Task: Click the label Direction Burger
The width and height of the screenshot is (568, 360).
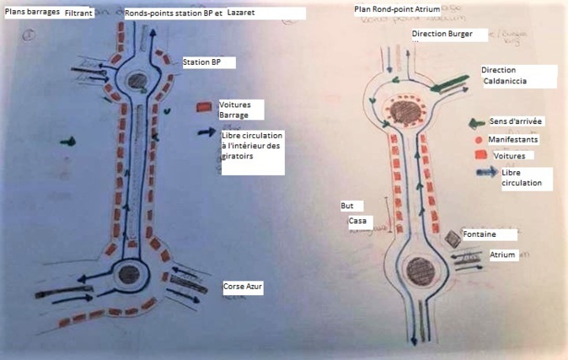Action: coord(448,35)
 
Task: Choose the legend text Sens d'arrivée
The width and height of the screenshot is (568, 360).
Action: coord(516,122)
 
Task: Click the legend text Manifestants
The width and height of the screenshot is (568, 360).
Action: coord(512,138)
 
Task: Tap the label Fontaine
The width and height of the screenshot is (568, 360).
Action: coord(479,234)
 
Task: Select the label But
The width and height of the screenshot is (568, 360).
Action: coord(346,205)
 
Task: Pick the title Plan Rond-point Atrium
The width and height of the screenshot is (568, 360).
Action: coord(397,8)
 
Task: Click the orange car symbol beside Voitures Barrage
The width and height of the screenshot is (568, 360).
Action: coord(203,107)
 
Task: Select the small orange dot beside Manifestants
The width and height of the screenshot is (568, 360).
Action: coord(478,139)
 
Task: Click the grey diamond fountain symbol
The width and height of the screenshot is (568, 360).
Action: coord(453,239)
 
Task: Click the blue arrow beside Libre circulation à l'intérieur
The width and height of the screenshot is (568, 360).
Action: coord(206,132)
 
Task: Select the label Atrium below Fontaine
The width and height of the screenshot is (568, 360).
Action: coord(501,254)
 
